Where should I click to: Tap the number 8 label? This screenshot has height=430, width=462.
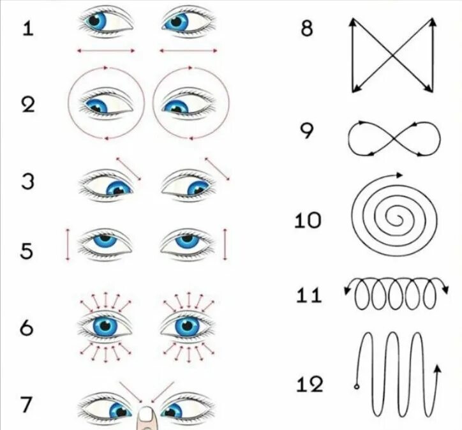pos(307,29)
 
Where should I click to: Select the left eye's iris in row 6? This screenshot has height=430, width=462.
pos(106,325)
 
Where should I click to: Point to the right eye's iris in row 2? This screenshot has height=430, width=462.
pos(174,106)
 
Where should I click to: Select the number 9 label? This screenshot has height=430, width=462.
pos(308,131)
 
